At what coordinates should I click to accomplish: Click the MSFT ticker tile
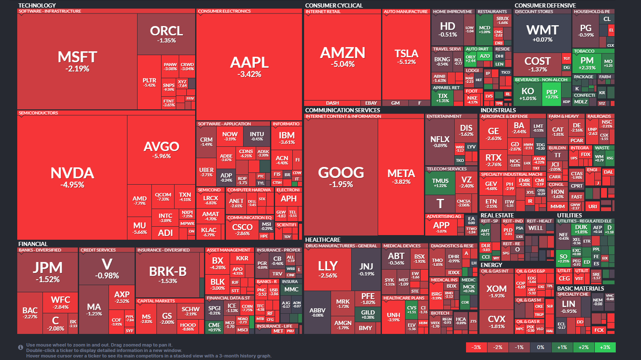point(77,61)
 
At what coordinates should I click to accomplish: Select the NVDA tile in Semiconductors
point(72,177)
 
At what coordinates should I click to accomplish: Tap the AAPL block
point(249,66)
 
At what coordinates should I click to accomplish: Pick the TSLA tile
point(406,57)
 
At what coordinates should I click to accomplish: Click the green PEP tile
point(551,94)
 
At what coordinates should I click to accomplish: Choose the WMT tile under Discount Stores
point(542,33)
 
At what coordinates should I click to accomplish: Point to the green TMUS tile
point(440,183)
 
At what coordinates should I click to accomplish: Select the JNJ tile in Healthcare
point(366,269)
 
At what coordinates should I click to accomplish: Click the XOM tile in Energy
point(496,291)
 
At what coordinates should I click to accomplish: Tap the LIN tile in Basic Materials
point(569,306)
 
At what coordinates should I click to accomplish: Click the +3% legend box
point(605,347)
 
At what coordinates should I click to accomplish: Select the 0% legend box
point(540,347)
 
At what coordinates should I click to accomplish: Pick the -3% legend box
point(476,347)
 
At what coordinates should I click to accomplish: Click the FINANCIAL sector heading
point(33,244)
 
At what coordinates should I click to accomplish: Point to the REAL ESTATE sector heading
point(497,215)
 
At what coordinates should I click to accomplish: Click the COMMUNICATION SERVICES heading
point(342,110)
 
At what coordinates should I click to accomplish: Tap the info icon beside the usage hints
point(20,347)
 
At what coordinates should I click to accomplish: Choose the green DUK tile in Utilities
point(581,229)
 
